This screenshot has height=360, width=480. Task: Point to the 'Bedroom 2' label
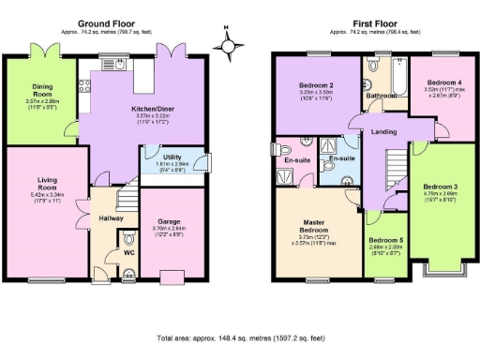tap(314, 87)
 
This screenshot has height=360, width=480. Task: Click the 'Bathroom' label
tap(380, 95)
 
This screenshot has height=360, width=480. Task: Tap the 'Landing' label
tap(382, 131)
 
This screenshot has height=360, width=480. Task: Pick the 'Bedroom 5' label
tap(386, 240)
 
